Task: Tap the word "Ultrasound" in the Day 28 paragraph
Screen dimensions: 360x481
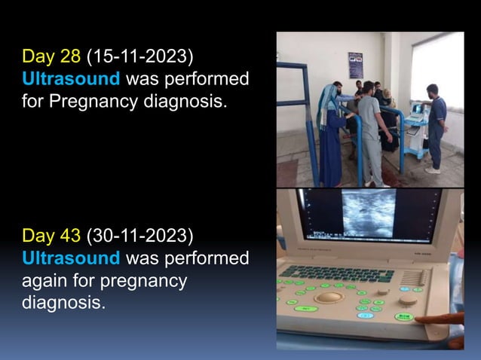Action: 71,78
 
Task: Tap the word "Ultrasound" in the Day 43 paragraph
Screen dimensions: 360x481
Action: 71,259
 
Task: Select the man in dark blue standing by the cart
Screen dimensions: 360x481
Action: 435,128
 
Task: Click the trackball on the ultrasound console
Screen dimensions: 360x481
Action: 329,297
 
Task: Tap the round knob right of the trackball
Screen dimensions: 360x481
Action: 408,300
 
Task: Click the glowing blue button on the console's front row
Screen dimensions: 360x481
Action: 365,315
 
